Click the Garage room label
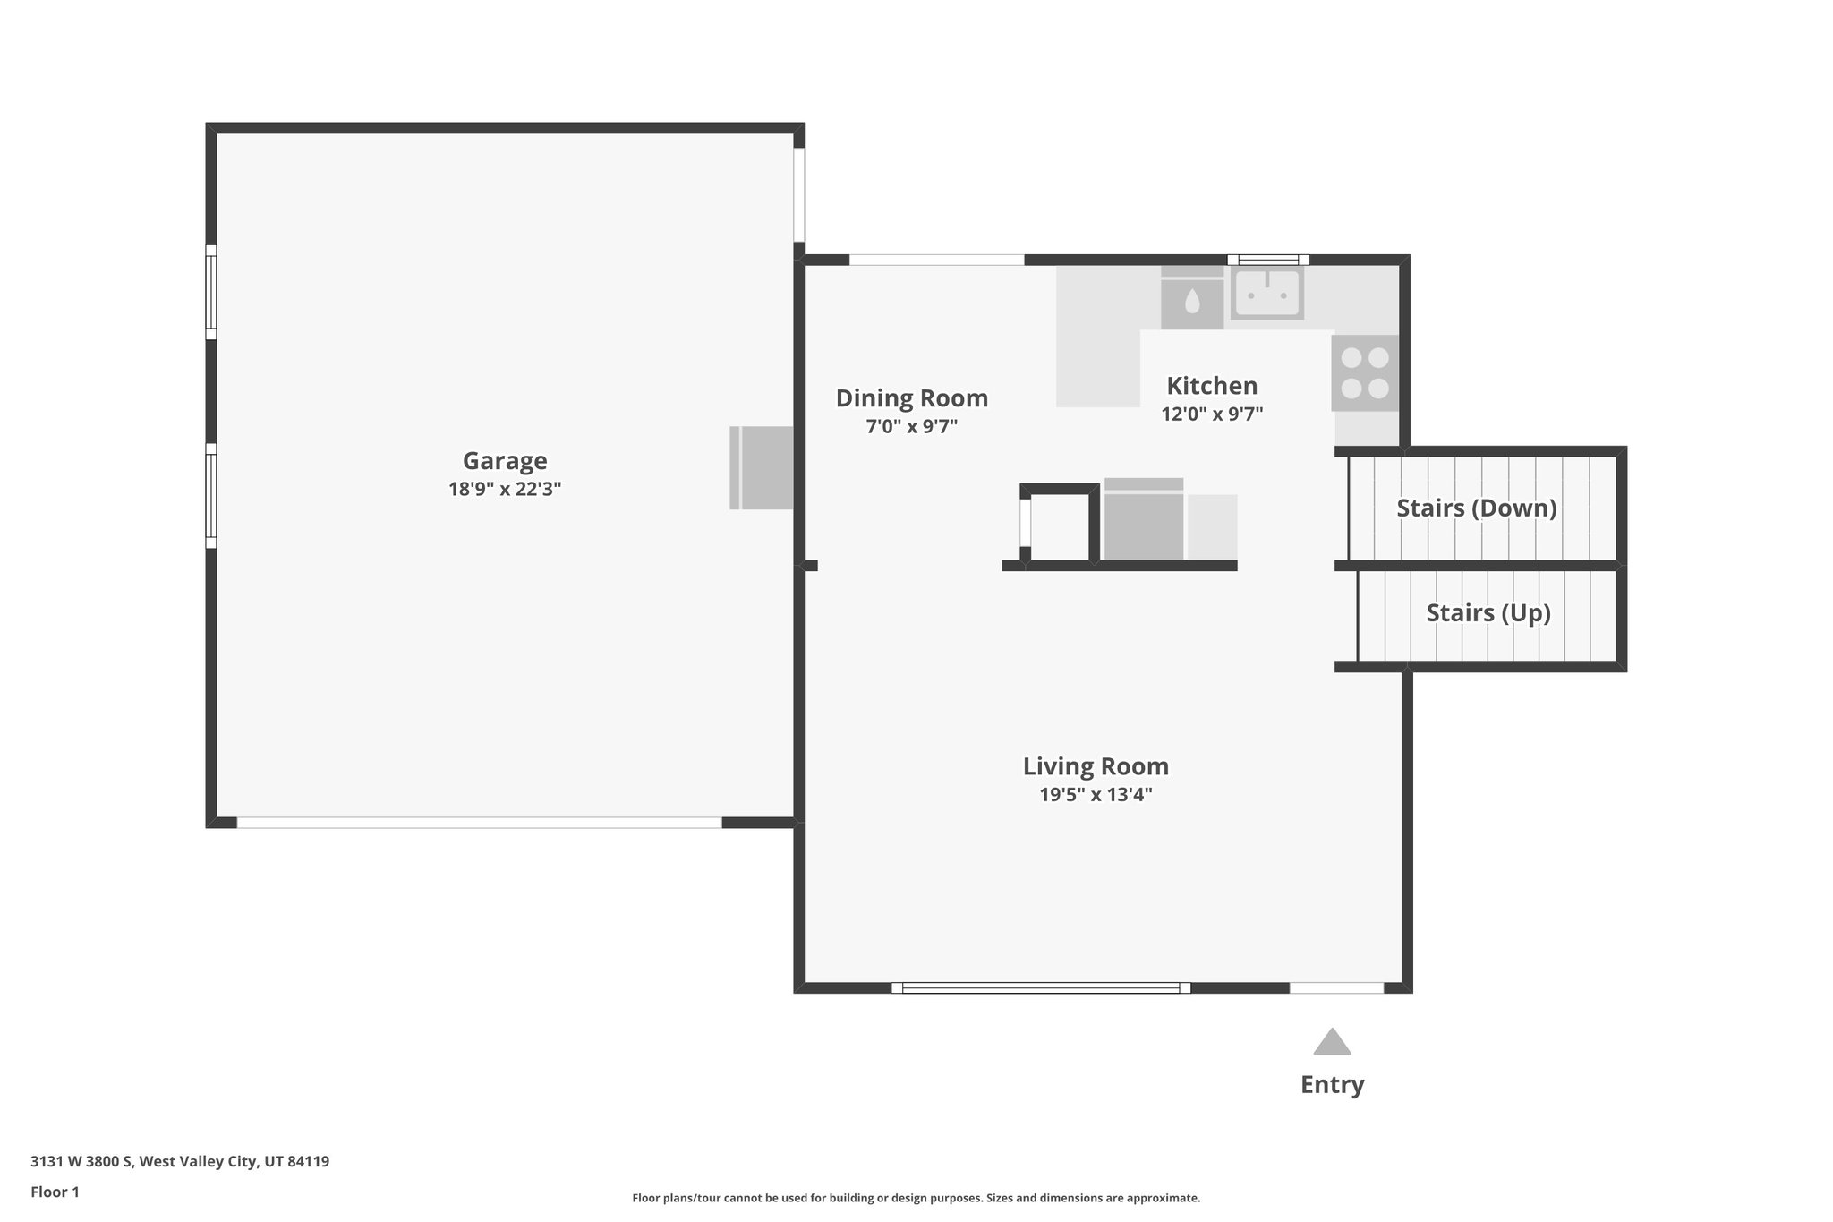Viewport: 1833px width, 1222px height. pos(505,461)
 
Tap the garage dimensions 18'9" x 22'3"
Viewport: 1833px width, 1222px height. pos(505,490)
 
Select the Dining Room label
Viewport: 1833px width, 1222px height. pos(912,398)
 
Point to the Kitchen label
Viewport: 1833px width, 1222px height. pos(1212,386)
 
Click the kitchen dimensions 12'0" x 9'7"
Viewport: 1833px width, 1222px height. pos(1212,414)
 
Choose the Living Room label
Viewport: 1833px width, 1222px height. pos(1096,766)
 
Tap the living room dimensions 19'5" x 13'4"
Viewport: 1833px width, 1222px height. pos(1096,795)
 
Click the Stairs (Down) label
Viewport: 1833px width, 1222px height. pos(1477,508)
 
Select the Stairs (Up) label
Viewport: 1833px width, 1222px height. pos(1488,613)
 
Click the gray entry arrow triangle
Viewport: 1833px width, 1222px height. pos(1332,1042)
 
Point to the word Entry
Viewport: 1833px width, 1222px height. pos(1332,1085)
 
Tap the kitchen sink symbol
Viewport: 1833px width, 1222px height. pos(1266,293)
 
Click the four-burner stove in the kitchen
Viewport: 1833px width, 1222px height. pos(1365,373)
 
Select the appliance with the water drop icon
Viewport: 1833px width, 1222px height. pos(1192,298)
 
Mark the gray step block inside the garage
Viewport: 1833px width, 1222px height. pos(762,468)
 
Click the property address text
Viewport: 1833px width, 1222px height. pos(180,1162)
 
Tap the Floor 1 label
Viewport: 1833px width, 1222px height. pos(55,1192)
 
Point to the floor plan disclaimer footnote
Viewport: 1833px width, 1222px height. pos(916,1198)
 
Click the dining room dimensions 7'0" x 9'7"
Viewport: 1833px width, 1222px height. pos(912,427)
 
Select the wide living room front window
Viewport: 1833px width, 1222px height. pos(1041,988)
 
